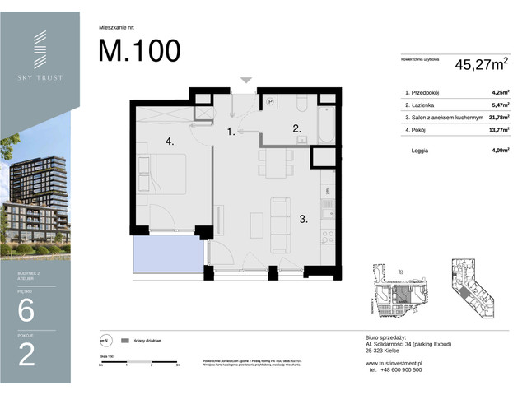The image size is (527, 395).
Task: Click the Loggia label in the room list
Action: [420, 151]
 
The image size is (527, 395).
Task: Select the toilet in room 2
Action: [301, 105]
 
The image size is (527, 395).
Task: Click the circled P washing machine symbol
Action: [269, 101]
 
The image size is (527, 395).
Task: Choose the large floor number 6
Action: [26, 311]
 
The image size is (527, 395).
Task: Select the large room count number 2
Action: [26, 355]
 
